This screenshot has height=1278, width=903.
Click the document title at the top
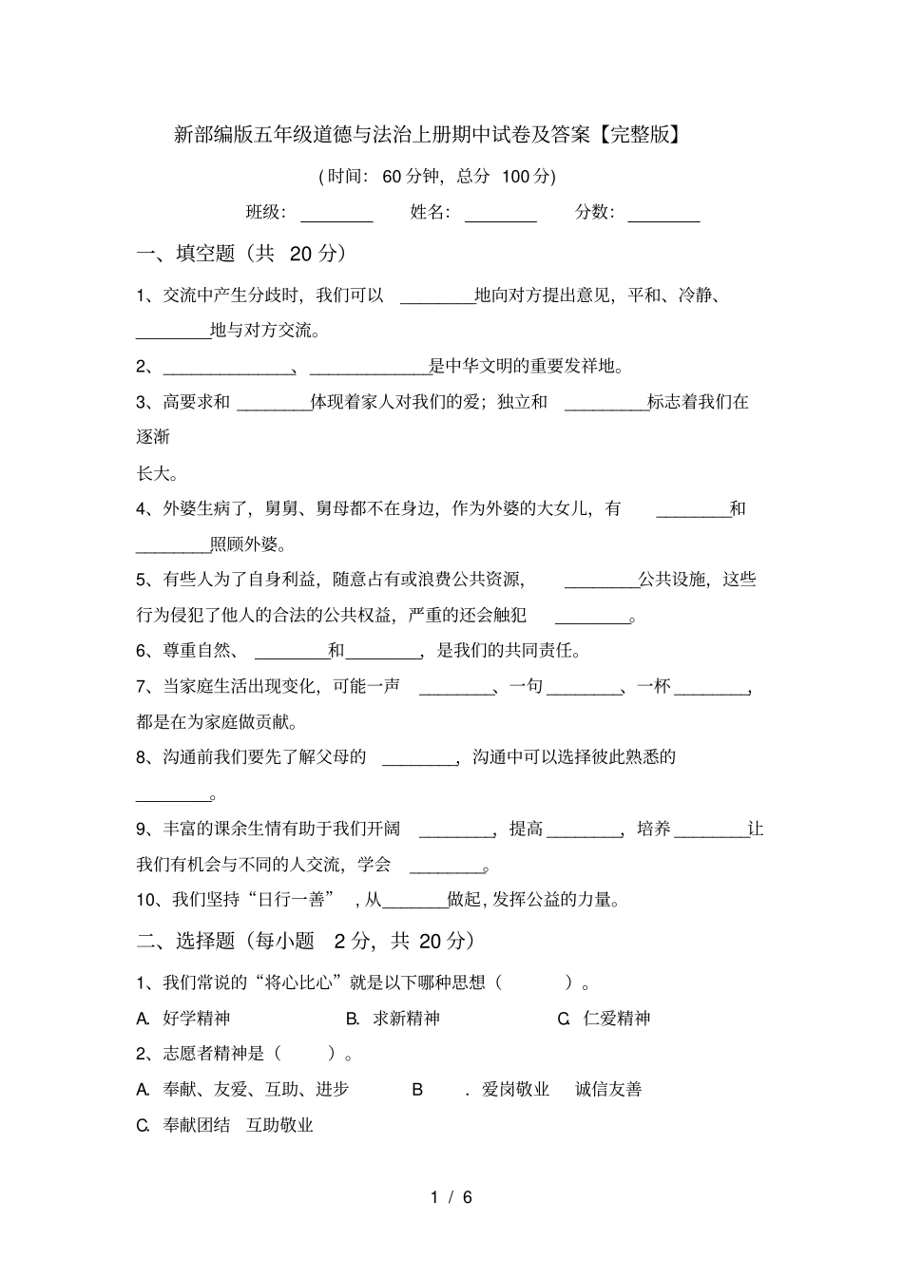428,135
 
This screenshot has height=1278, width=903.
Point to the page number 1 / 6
451,1197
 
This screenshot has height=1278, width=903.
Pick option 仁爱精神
616,1019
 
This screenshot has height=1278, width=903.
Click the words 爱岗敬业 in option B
515,1090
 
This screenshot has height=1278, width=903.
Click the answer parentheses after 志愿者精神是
304,1054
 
